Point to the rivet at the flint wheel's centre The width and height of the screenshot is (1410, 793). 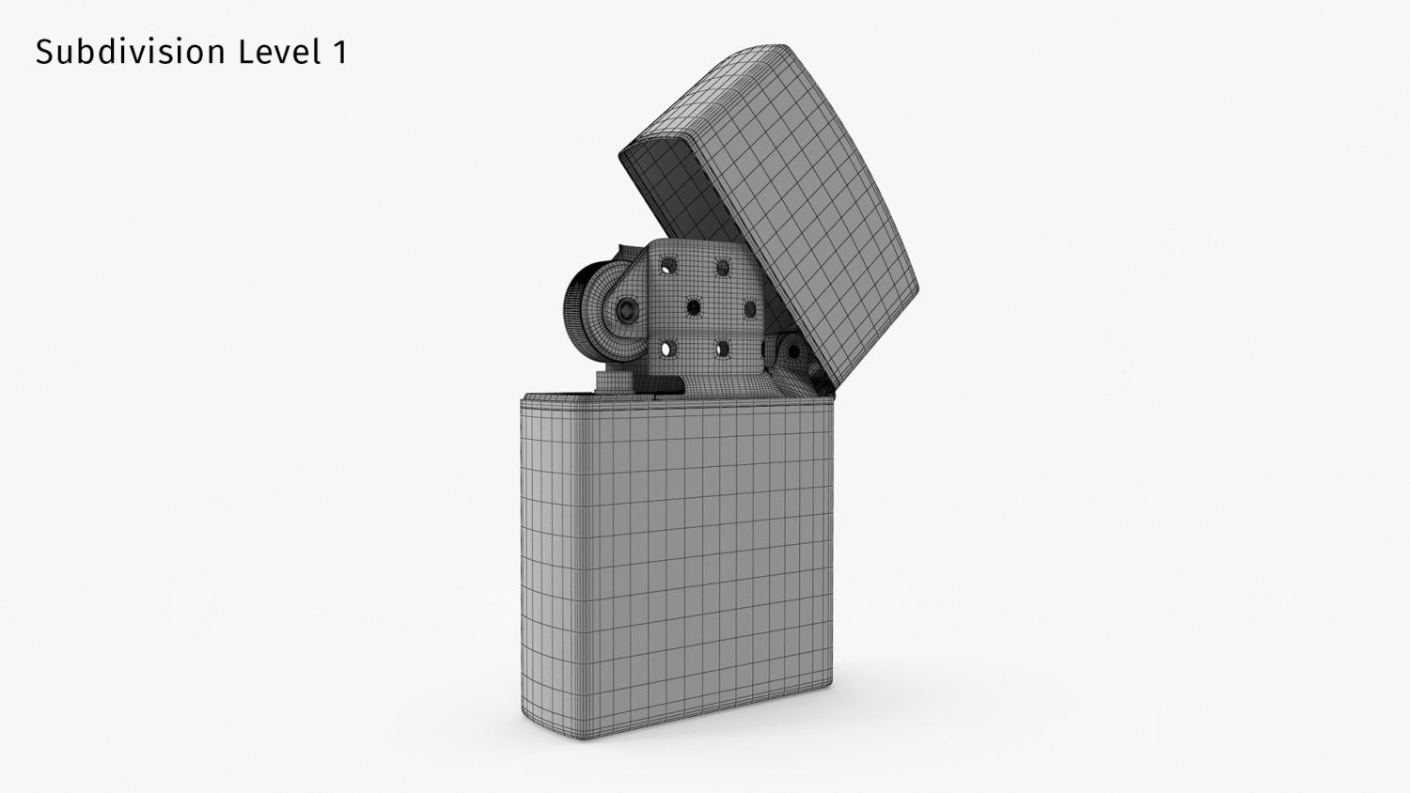pyautogui.click(x=624, y=308)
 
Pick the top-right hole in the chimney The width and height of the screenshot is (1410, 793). pyautogui.click(x=723, y=266)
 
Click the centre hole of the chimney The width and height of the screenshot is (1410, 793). pyautogui.click(x=694, y=307)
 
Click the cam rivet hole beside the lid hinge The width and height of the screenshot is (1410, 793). pyautogui.click(x=793, y=352)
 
